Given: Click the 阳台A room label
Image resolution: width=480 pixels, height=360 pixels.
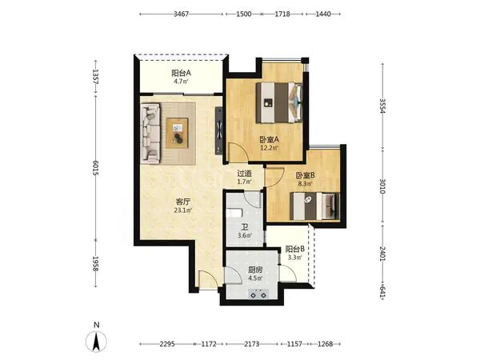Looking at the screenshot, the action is [182, 73].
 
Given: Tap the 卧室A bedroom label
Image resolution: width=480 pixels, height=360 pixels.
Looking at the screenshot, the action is [270, 140].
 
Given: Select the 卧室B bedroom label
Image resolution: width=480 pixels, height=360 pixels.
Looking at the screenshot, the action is [306, 175].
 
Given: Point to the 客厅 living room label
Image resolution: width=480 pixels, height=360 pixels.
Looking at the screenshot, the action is [183, 202].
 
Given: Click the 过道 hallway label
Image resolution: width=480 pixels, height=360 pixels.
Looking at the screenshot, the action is [245, 174].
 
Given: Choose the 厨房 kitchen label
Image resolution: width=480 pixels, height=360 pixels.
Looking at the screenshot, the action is [255, 270].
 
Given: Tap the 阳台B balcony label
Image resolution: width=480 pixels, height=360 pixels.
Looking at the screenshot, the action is [294, 249].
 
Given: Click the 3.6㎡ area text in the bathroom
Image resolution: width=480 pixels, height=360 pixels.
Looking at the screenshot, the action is [245, 235].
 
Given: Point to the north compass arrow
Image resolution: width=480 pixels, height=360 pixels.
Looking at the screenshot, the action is [97, 342].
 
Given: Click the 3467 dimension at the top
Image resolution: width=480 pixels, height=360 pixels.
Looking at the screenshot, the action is [182, 14].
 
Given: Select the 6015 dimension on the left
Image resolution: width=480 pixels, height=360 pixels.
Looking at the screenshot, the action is [95, 168].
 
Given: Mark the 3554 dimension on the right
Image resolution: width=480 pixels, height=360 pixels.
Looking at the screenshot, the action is [382, 106].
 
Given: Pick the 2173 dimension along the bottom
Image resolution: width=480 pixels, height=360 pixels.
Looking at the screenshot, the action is [252, 344].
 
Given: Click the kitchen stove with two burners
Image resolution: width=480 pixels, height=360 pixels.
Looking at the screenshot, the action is [258, 294].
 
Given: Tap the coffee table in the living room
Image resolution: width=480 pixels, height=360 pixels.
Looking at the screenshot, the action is [178, 133].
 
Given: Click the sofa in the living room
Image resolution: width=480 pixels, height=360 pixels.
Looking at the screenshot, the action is [150, 133].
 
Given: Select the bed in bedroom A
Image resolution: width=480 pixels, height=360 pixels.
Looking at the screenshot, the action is [279, 102].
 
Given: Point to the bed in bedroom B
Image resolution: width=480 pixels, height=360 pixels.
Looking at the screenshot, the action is [314, 206].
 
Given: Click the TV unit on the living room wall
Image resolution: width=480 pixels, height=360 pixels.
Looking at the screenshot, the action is [219, 130].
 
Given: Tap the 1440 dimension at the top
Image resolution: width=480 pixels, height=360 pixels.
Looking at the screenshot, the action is [323, 14].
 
